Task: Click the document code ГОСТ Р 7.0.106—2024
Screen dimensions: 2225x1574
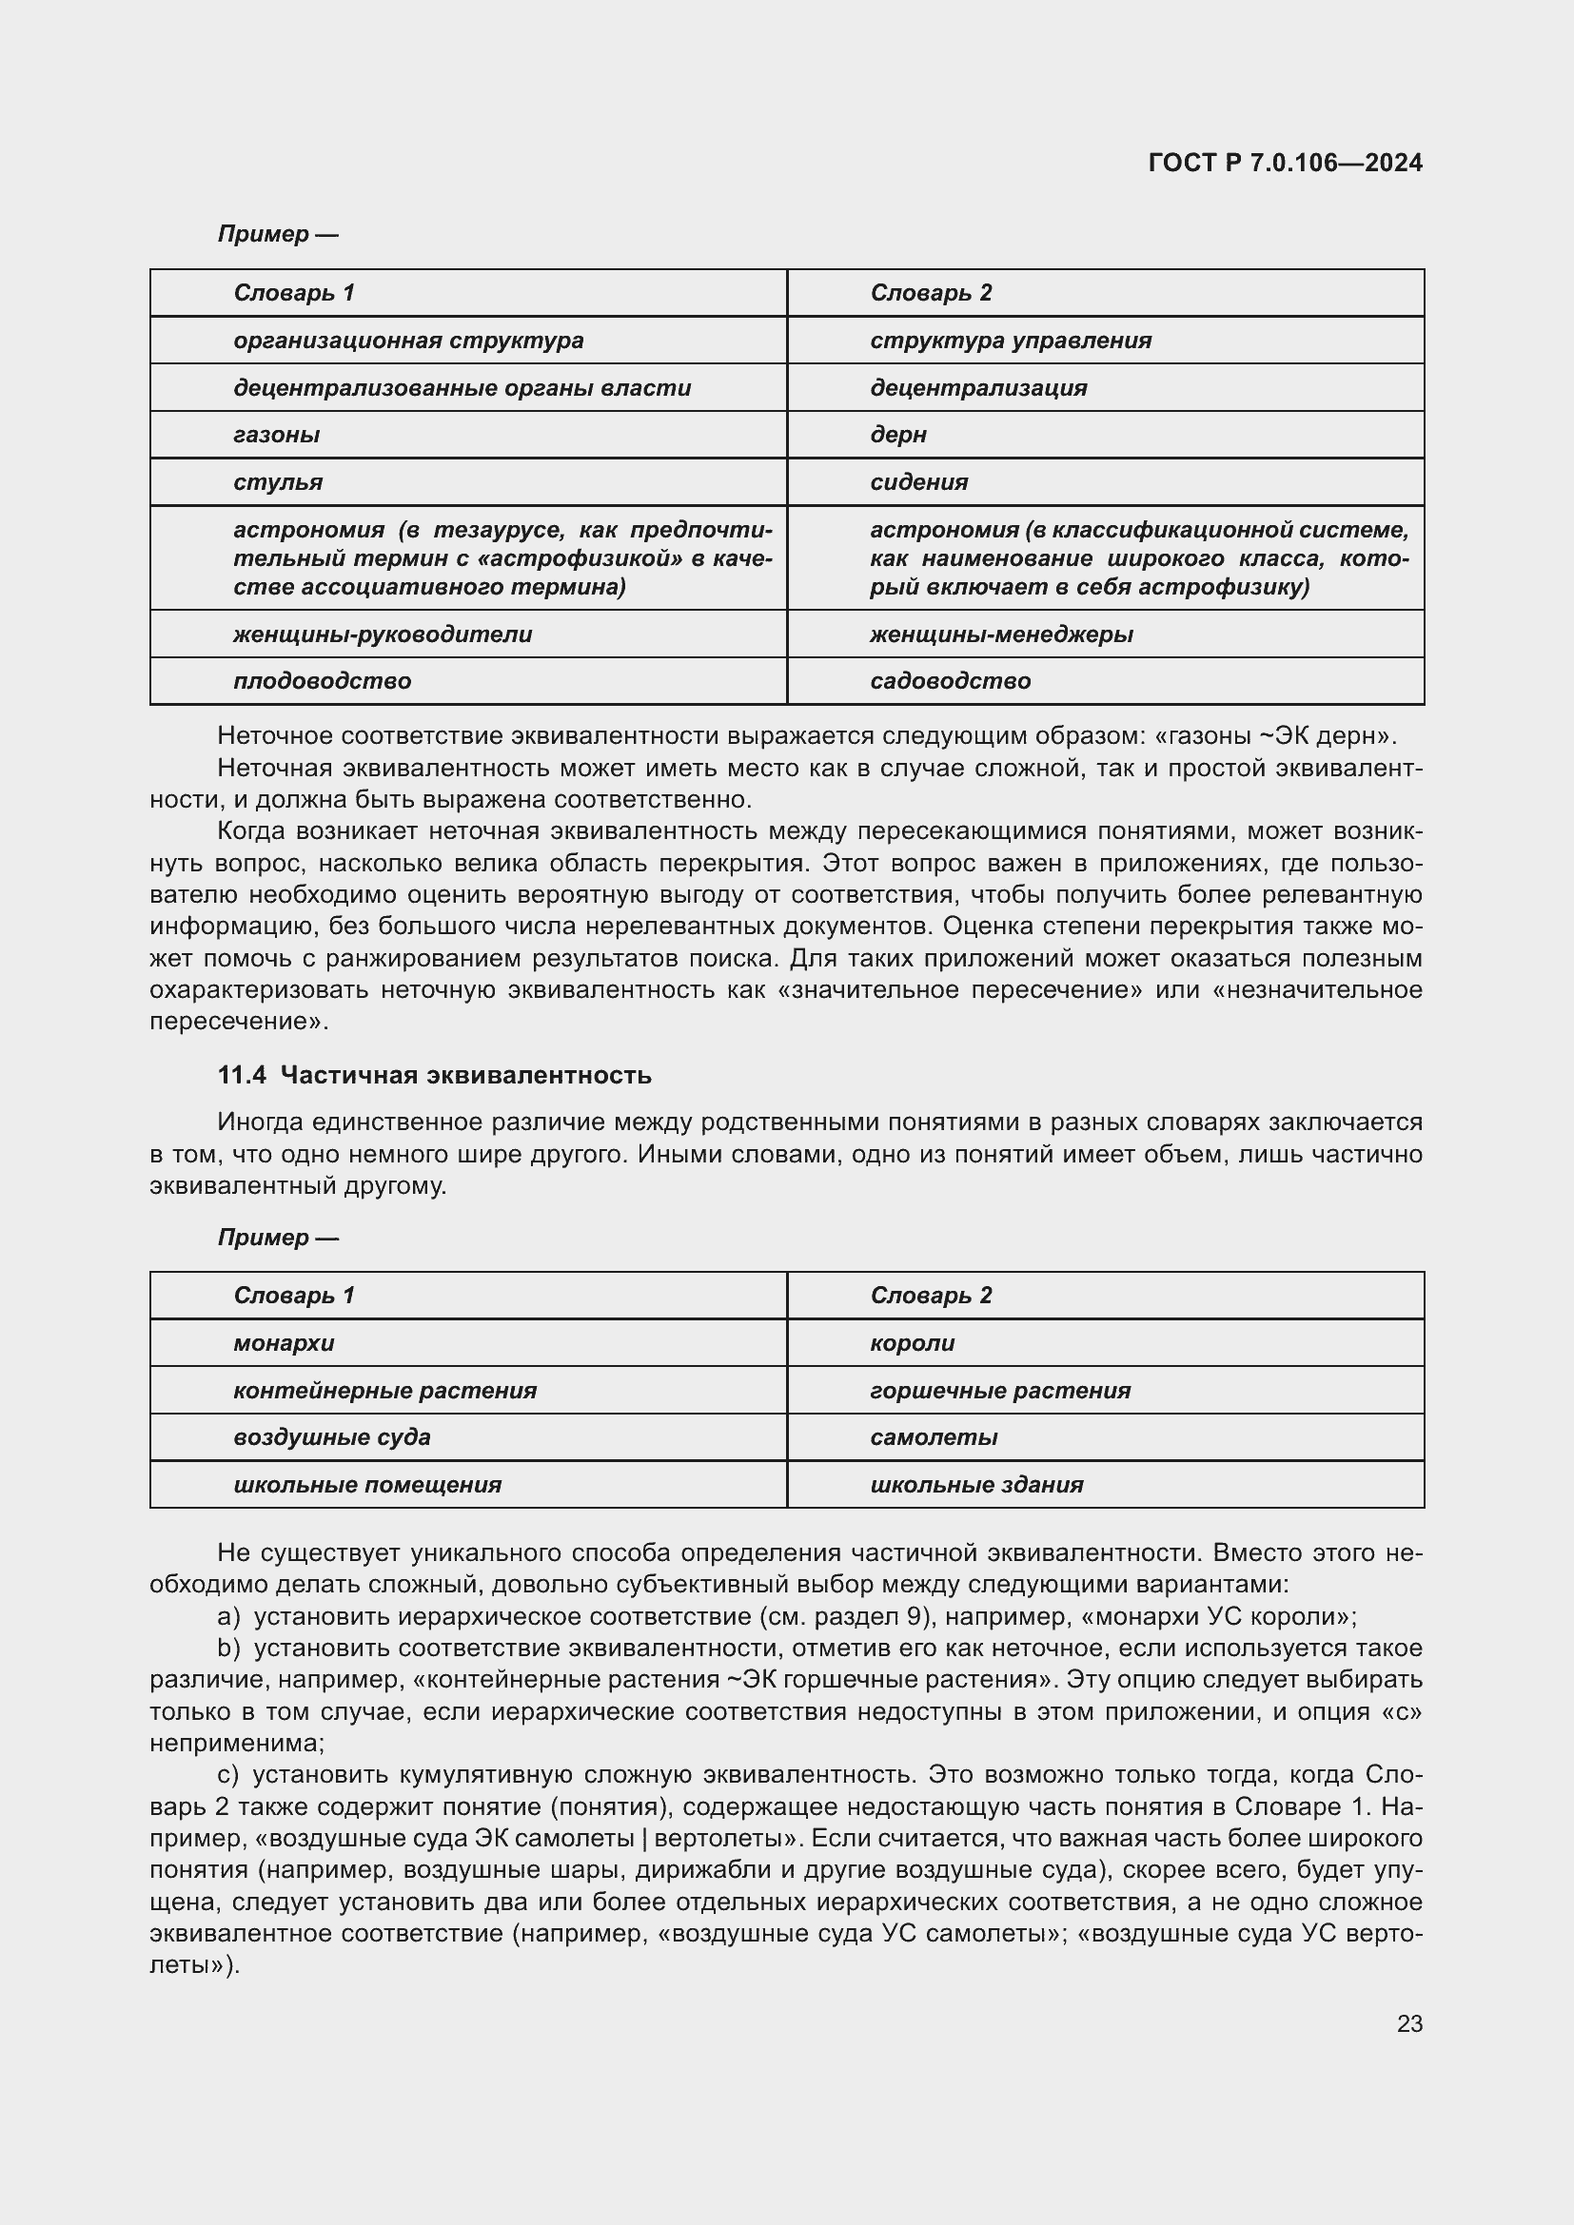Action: tap(1284, 163)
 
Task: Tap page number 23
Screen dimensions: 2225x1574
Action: tap(1409, 2023)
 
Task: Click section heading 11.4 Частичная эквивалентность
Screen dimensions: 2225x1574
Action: tap(434, 1076)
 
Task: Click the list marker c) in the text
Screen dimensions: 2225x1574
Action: tap(227, 1774)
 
